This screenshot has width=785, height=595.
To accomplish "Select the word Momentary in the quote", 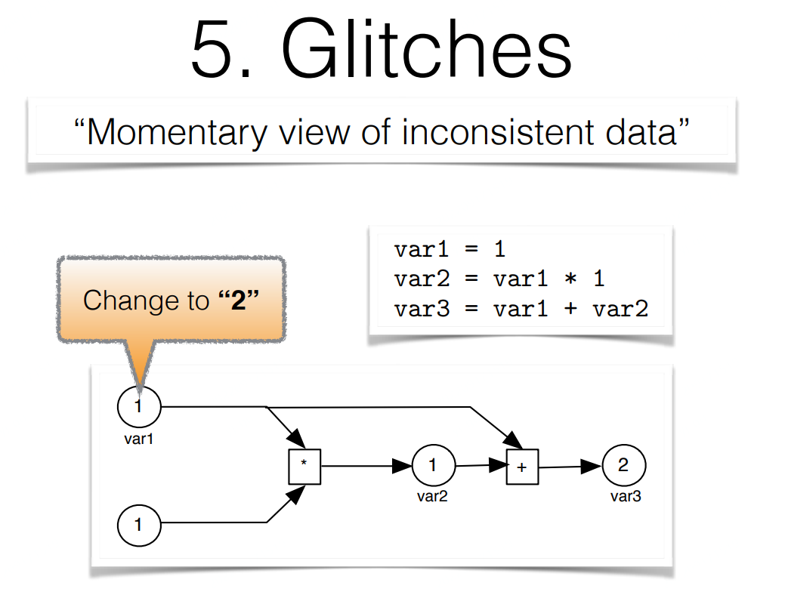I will coord(177,132).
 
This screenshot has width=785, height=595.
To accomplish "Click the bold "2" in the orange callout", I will coord(239,300).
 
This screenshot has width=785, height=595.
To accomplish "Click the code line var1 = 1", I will coord(450,250).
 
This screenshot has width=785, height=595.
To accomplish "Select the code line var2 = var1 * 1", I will coord(499,279).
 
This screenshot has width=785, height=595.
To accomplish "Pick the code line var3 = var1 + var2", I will coord(521,309).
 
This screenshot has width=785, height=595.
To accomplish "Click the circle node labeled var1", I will coord(139,406).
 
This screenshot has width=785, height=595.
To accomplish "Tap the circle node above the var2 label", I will coord(433,466).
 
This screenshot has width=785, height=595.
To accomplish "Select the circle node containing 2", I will coord(623,465).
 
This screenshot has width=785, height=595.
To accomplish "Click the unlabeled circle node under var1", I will coord(139,524).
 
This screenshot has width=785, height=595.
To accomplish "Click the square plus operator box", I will coord(521,467).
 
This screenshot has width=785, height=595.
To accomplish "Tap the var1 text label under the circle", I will coord(138,438).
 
